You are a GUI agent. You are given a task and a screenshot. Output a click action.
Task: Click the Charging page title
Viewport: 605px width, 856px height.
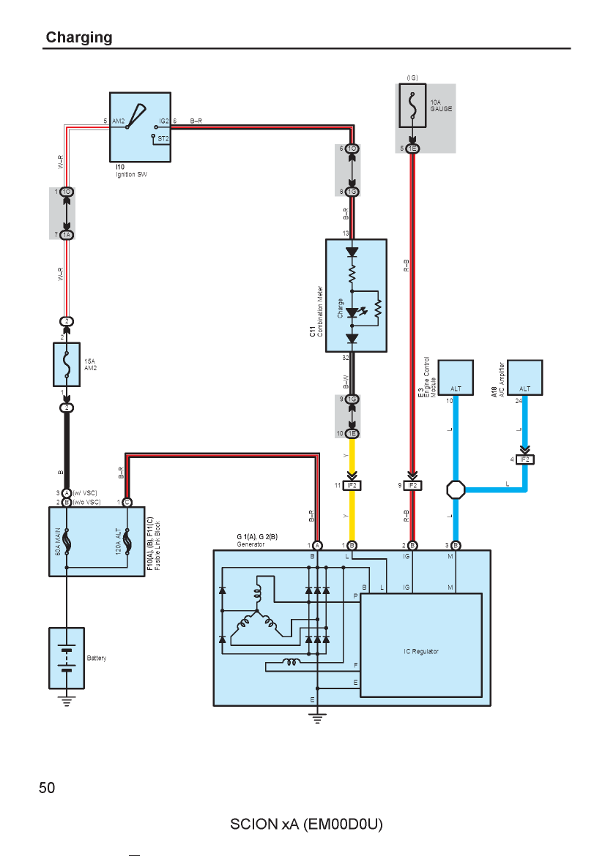(x=79, y=37)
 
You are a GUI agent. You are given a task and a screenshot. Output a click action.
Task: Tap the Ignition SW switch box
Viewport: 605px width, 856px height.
(x=140, y=127)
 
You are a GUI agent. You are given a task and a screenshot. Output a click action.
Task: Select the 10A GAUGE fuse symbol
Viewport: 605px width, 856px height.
(x=412, y=105)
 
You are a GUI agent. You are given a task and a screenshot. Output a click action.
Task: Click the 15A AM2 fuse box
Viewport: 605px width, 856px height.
(x=67, y=364)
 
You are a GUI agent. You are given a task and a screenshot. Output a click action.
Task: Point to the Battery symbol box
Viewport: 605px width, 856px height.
(x=67, y=658)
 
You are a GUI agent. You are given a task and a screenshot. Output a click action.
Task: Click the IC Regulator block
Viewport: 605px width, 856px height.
(x=421, y=645)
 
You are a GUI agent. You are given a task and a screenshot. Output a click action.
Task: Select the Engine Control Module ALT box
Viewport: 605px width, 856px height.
(x=456, y=378)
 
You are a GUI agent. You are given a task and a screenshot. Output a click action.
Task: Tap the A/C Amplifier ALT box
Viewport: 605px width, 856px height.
(x=524, y=378)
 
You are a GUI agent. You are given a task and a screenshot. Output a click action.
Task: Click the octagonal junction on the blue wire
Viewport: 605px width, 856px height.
(x=456, y=489)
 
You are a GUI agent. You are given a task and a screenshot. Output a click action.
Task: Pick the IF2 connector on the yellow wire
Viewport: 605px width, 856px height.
(x=352, y=485)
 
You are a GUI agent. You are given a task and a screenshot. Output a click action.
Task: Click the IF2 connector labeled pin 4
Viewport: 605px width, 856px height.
(x=524, y=459)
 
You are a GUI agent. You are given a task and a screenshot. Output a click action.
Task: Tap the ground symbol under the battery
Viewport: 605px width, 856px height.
(x=67, y=701)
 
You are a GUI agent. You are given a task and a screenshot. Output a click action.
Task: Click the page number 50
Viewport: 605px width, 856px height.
(x=47, y=788)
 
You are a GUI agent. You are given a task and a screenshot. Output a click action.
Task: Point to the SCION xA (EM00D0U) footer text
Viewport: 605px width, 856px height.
(x=306, y=824)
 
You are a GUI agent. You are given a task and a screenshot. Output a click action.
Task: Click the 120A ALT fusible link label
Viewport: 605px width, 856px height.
(x=118, y=541)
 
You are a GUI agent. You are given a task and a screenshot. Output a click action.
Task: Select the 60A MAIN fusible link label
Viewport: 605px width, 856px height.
(x=58, y=541)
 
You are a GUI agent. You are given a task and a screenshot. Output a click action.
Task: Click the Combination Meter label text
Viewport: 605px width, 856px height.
(x=320, y=310)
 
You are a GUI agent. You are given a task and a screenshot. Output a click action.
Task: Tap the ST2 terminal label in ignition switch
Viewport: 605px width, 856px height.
(x=163, y=139)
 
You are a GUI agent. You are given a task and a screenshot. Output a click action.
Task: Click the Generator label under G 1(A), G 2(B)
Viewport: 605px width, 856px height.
(x=250, y=544)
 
